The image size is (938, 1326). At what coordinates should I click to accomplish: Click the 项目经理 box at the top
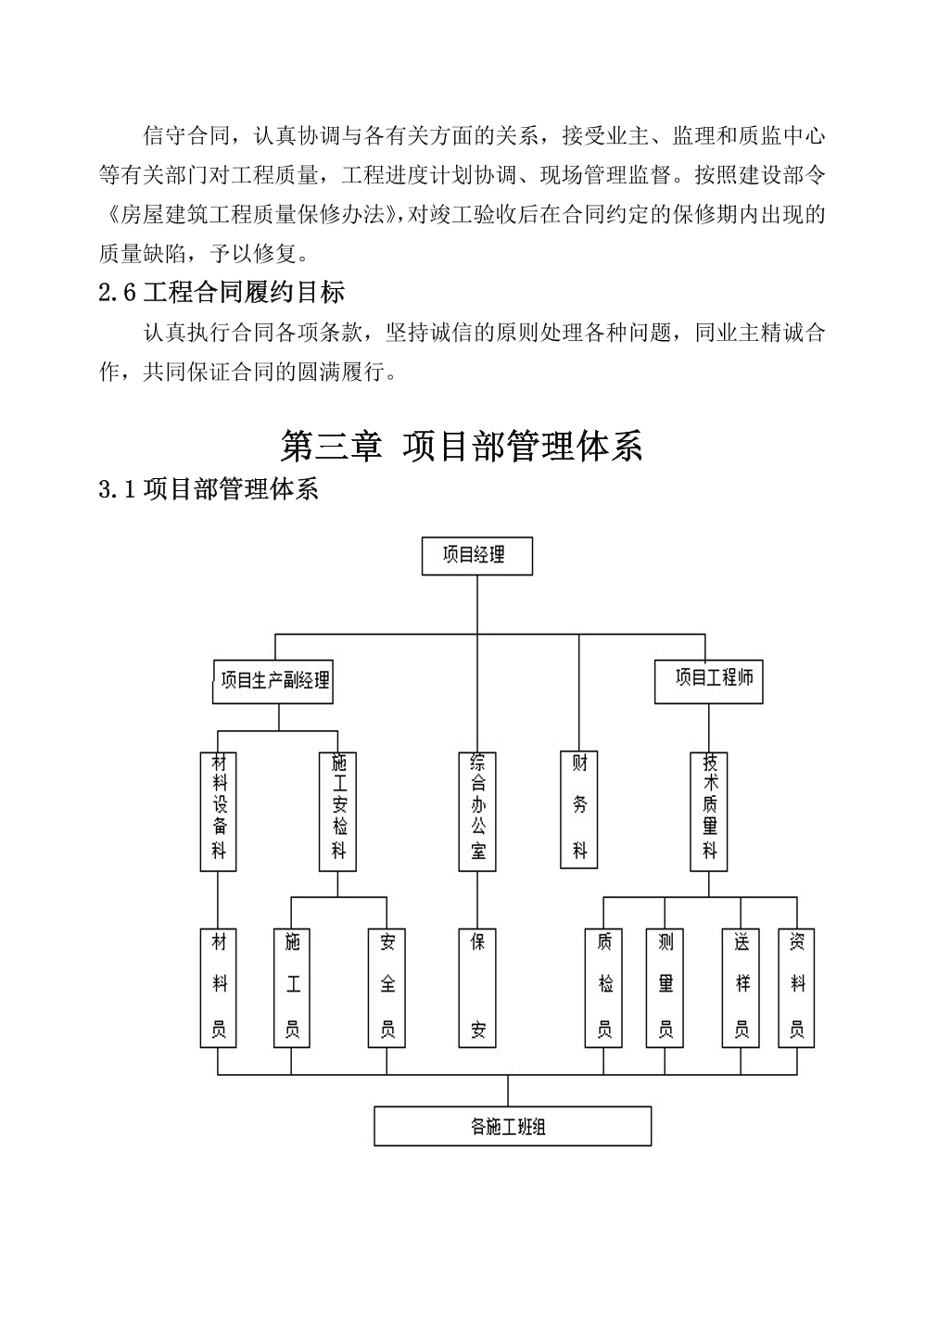click(x=476, y=556)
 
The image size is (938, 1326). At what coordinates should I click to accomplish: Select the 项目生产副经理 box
click(x=273, y=682)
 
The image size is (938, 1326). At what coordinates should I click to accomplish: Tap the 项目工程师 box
click(x=708, y=682)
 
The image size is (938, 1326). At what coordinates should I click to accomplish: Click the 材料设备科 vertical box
click(x=219, y=812)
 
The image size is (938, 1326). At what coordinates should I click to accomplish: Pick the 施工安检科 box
click(x=337, y=812)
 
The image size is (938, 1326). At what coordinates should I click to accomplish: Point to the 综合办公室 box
click(x=477, y=812)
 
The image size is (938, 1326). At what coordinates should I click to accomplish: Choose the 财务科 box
click(x=579, y=810)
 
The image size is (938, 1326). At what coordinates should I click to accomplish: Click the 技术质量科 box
click(x=709, y=812)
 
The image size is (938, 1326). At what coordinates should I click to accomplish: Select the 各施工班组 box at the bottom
click(x=513, y=1127)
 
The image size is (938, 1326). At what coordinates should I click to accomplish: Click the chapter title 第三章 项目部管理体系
click(x=462, y=447)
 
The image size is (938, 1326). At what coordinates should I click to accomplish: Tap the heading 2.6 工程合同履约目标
click(x=222, y=293)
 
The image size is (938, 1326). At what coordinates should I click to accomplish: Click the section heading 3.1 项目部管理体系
click(x=209, y=489)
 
